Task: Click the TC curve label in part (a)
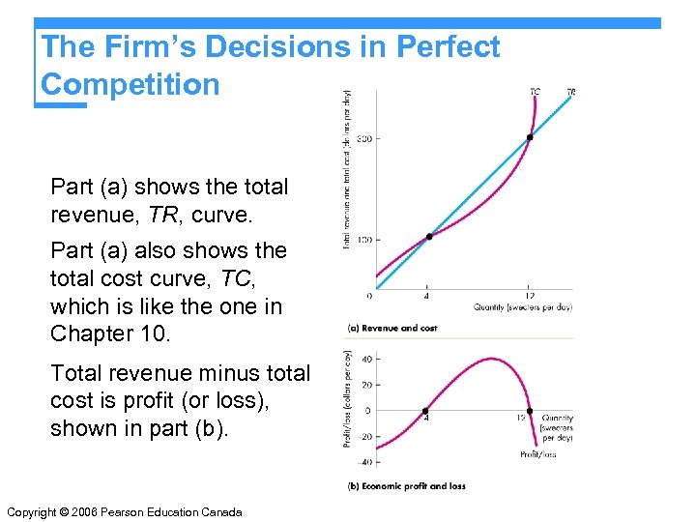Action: point(535,92)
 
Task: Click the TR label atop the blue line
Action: point(571,92)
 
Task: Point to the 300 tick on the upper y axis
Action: point(363,138)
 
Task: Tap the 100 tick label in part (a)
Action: point(363,239)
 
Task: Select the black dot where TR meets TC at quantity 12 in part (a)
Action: point(529,138)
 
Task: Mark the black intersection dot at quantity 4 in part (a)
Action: point(428,237)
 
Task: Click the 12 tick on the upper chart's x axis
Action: point(529,295)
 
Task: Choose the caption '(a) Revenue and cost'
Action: point(391,329)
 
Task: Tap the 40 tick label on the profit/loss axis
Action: point(366,359)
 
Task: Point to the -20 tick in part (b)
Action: point(364,437)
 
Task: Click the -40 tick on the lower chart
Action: point(364,463)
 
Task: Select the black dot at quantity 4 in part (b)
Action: point(426,410)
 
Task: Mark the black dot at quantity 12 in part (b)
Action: point(529,410)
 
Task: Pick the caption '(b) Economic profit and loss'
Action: point(406,485)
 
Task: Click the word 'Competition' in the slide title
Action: point(130,84)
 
